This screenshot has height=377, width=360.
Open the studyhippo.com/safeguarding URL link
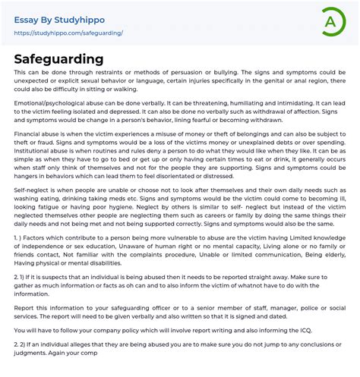(69, 33)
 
